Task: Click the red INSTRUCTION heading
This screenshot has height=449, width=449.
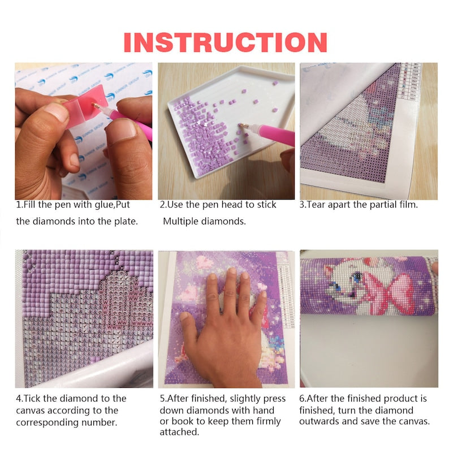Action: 225,42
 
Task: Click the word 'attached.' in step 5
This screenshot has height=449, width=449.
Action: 179,432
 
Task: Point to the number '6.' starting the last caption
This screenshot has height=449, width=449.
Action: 303,398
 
